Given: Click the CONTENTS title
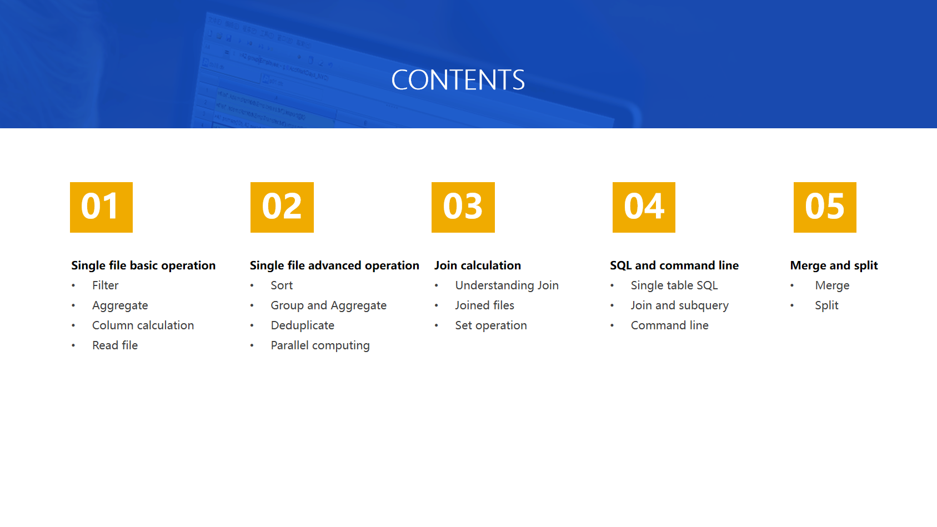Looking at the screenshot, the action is coord(458,80).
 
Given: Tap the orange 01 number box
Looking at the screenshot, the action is coord(101,207).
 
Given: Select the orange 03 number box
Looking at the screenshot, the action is coord(463,207).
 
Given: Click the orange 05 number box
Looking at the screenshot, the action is coord(825,207).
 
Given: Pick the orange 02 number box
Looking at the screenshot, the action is coord(282,207).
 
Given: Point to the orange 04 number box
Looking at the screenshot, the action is coord(644,207).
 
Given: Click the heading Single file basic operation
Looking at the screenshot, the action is coord(143,265).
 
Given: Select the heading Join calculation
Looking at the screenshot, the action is coord(477,265).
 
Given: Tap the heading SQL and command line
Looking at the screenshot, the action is coord(674,265).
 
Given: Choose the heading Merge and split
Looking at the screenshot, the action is coord(834,265).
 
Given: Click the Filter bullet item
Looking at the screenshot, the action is coord(106,285).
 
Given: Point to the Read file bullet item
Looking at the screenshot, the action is coord(115,345).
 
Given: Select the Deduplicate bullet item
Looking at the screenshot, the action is coord(303,325).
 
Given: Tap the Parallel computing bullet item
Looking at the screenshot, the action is coord(320,345).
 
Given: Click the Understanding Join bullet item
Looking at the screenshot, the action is coord(507,285).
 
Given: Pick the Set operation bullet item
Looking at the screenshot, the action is coord(491,325).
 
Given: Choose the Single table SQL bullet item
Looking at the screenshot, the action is coord(674,285).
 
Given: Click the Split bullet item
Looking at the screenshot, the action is coord(826,305).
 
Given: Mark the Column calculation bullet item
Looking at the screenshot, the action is coord(143,325).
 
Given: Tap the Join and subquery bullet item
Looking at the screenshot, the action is coord(680,305).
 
